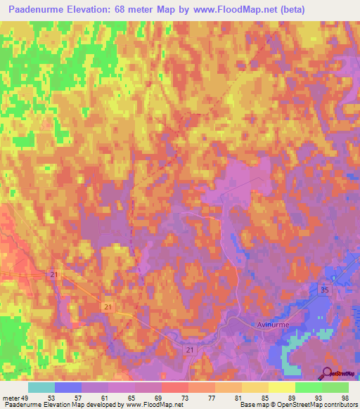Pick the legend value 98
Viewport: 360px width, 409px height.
[343, 397]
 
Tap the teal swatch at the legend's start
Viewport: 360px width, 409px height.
[41, 387]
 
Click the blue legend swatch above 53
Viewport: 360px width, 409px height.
[67, 387]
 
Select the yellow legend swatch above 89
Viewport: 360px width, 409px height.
[282, 387]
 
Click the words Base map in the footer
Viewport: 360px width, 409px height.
[252, 405]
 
